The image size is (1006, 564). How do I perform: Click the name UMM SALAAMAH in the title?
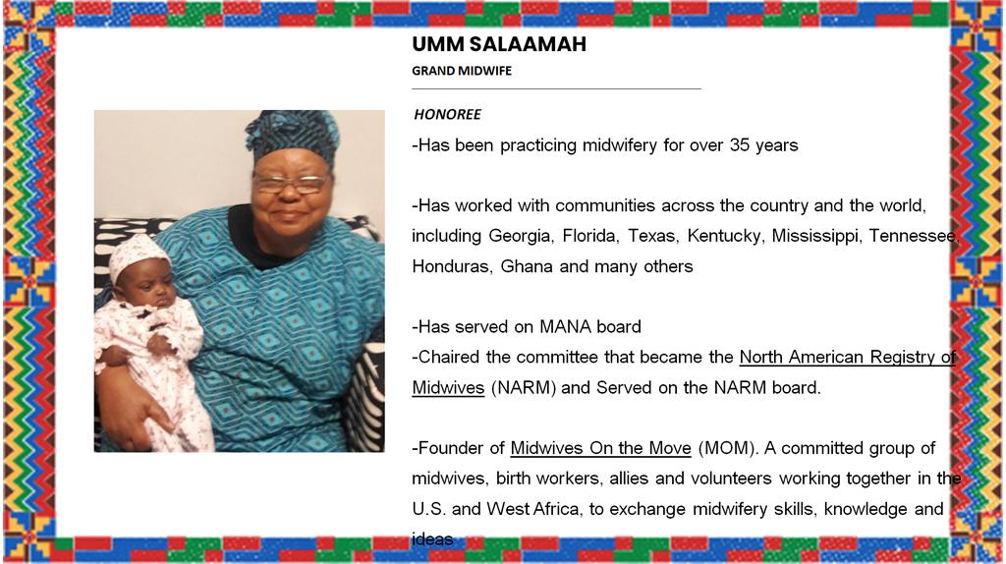pyautogui.click(x=499, y=44)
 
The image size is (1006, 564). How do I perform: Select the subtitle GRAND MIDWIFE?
pyautogui.click(x=462, y=71)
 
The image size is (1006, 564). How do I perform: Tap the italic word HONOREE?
pyautogui.click(x=447, y=114)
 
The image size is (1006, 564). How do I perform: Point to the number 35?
pyautogui.click(x=739, y=145)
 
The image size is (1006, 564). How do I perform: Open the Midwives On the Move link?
pyautogui.click(x=600, y=448)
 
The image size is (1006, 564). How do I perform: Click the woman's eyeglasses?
pyautogui.click(x=290, y=184)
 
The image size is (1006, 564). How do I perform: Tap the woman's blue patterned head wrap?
pyautogui.click(x=292, y=136)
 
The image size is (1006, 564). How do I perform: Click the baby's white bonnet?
pyautogui.click(x=138, y=255)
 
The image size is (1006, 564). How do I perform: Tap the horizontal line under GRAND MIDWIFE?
pyautogui.click(x=556, y=88)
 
